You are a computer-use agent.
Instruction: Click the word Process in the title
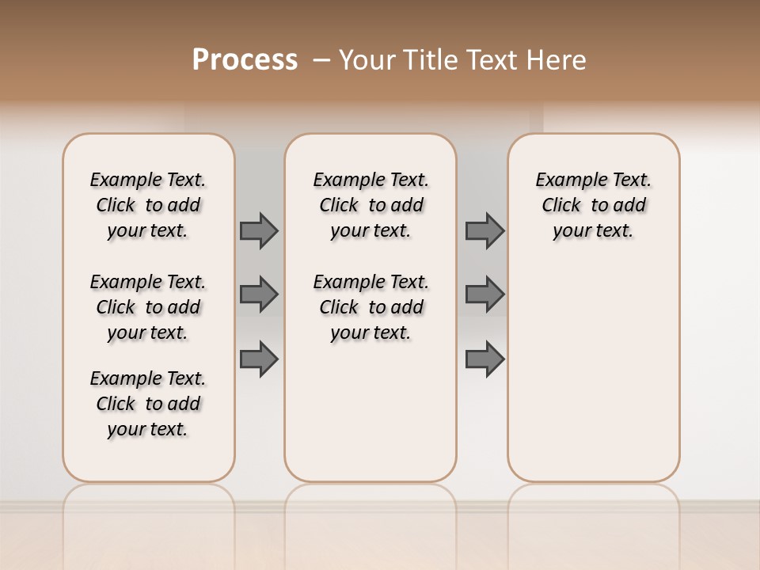(245, 60)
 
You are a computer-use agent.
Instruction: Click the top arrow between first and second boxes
(259, 230)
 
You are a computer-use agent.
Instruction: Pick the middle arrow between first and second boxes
(259, 294)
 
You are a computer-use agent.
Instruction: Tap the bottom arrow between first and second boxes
(259, 359)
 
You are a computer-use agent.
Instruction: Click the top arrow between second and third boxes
(484, 230)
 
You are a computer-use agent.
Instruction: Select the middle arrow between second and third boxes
(484, 294)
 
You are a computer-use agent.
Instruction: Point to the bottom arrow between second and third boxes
(484, 359)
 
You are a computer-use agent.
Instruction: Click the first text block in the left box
(148, 205)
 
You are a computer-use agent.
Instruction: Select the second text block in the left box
(148, 307)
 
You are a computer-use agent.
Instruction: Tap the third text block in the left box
(148, 404)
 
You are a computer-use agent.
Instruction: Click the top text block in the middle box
(370, 205)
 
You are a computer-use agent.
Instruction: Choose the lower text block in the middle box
(370, 307)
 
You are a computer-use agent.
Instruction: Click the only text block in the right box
(593, 205)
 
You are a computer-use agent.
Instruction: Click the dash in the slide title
(321, 60)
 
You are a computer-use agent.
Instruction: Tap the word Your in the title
(367, 60)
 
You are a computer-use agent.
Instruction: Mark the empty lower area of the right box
(593, 372)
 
